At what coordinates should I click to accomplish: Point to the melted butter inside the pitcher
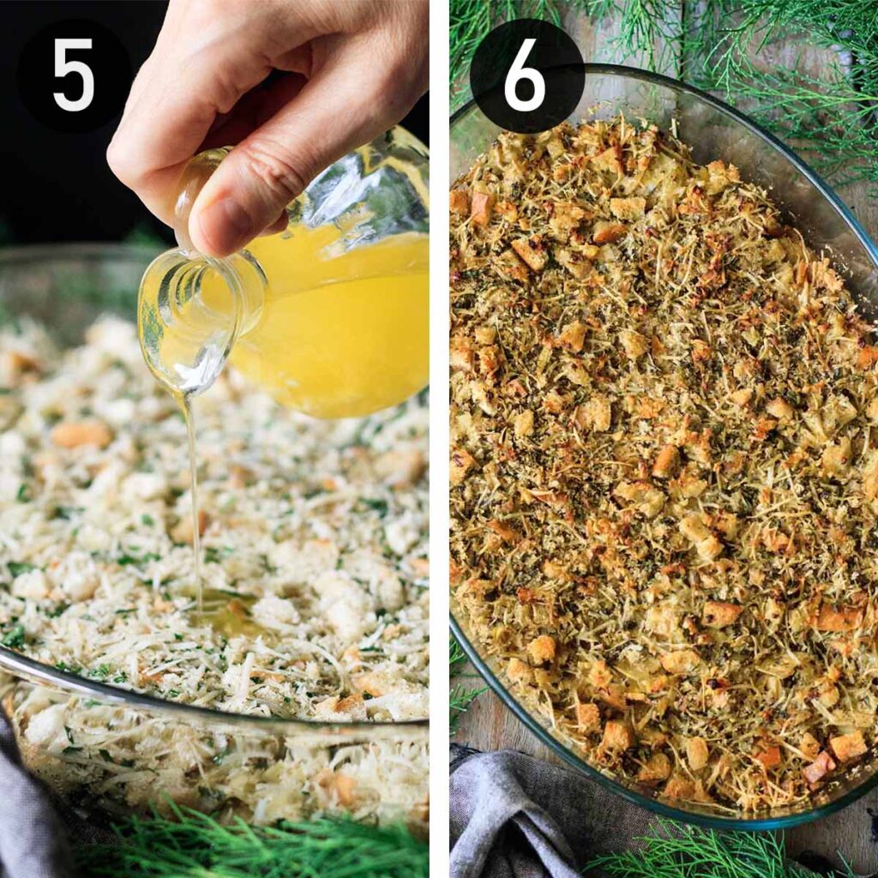[352, 326]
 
